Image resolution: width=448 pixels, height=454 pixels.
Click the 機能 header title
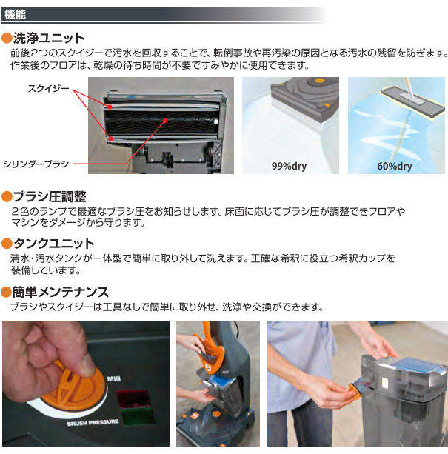(16, 14)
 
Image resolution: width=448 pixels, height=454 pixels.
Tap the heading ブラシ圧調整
(50, 197)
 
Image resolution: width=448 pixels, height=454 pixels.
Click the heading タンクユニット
(54, 244)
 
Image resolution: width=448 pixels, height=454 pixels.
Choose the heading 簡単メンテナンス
(61, 292)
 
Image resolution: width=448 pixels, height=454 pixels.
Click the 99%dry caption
(290, 166)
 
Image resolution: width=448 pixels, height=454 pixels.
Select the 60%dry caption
(394, 166)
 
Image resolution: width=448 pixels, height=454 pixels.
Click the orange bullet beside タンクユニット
(7, 244)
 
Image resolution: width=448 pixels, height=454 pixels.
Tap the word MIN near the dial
(114, 378)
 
